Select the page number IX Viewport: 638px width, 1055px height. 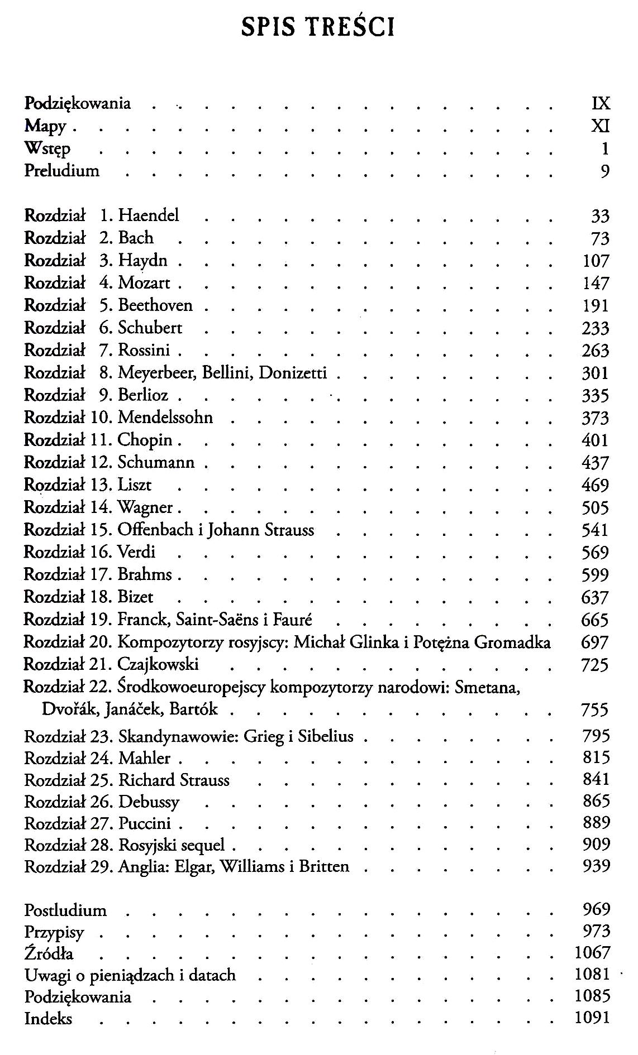point(600,103)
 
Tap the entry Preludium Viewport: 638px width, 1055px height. point(61,170)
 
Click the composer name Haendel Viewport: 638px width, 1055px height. point(149,215)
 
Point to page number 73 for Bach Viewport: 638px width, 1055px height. point(599,238)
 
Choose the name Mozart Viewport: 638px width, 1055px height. point(144,283)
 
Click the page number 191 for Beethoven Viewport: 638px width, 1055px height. point(595,306)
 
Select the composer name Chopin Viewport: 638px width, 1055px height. point(145,440)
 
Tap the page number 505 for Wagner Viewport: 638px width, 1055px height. point(595,507)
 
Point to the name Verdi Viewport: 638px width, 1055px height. point(136,552)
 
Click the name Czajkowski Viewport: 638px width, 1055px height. point(158,664)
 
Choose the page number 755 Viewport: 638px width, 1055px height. point(595,710)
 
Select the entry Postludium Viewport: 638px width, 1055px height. point(65,910)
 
